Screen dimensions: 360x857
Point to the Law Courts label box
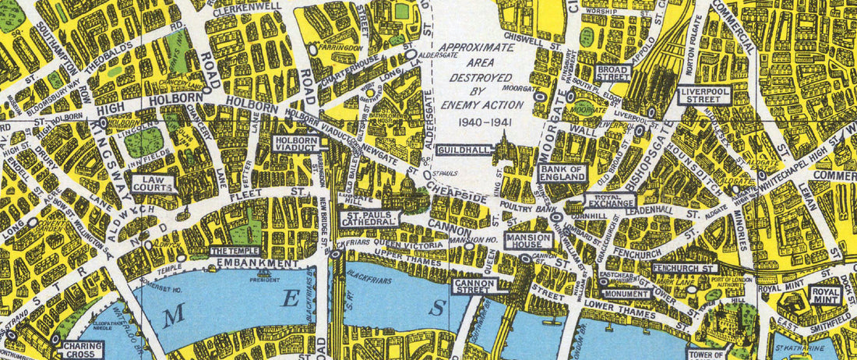tap(152, 184)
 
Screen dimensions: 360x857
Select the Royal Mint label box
tap(825, 294)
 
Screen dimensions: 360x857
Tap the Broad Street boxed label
tap(613, 73)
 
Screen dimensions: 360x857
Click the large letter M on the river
tap(175, 314)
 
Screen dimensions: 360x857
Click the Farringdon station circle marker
tap(312, 48)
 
